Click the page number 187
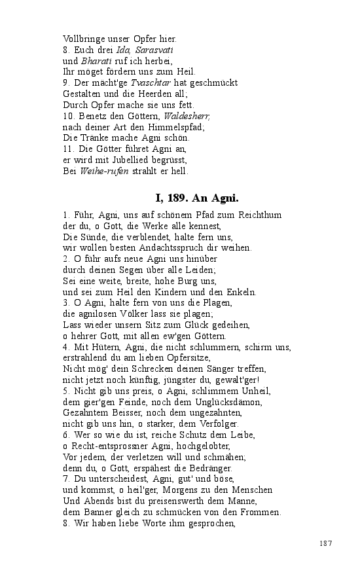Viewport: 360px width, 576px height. tap(326, 543)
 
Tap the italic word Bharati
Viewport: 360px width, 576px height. tap(96, 60)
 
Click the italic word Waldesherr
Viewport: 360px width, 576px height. tap(187, 116)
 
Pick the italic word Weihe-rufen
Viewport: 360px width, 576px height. tap(102, 171)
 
